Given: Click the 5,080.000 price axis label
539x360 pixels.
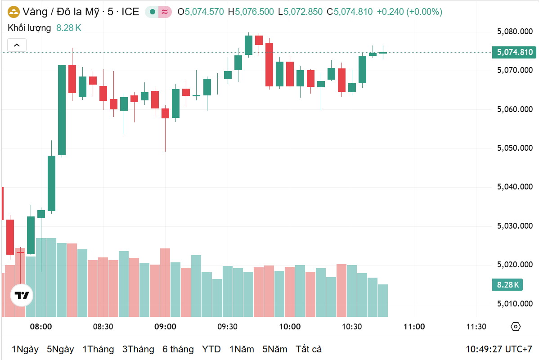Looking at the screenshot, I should [x=515, y=31].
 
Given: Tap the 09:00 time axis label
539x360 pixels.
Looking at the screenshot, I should [x=165, y=327].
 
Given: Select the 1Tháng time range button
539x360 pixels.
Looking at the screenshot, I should [x=98, y=349].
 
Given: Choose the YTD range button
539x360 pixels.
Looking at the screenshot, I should [x=211, y=349].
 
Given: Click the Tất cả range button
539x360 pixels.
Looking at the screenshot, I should [x=308, y=349].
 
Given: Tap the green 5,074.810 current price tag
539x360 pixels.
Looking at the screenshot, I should [x=515, y=52].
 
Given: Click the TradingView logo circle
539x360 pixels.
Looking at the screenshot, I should [x=22, y=296].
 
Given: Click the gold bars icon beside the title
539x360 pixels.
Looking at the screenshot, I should [x=14, y=12].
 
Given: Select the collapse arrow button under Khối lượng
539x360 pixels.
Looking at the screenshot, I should [x=17, y=45].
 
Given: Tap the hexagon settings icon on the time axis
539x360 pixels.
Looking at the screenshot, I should [x=516, y=327].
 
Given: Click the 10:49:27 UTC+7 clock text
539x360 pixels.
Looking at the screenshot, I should [x=499, y=349].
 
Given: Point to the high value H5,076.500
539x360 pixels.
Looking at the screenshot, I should [x=251, y=12].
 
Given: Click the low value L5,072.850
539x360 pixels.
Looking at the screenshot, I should [x=300, y=12].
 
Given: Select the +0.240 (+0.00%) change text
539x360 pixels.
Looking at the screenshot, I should [x=409, y=12].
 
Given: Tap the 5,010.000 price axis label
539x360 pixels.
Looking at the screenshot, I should [x=515, y=304].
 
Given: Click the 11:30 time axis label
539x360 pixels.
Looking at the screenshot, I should [x=476, y=327].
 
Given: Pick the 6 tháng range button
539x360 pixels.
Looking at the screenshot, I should [x=178, y=349].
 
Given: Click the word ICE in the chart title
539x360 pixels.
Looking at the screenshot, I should [x=130, y=12].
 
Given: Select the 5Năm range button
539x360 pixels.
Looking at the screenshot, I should [x=274, y=349].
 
